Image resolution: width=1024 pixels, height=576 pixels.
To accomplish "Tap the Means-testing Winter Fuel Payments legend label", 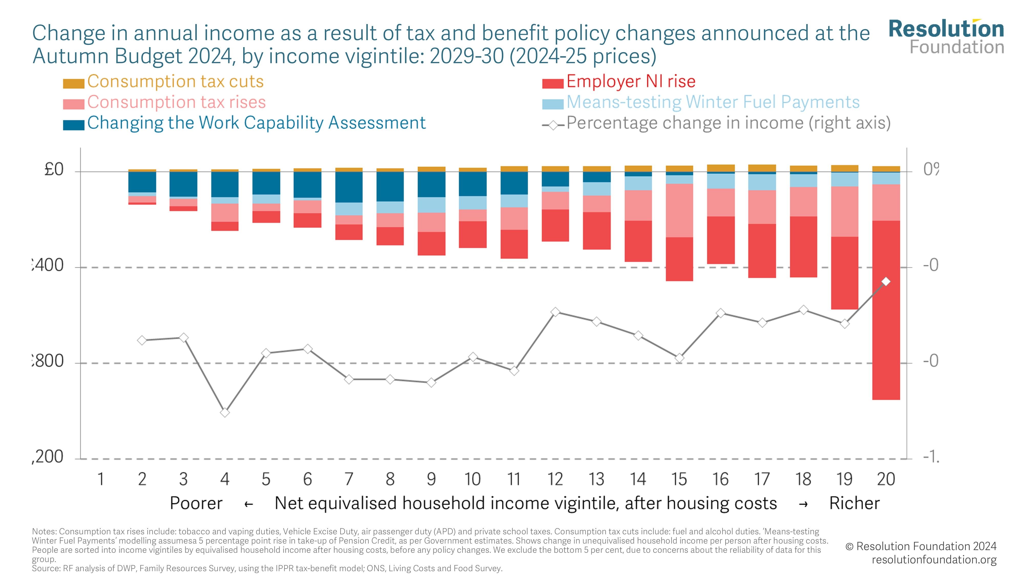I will pyautogui.click(x=713, y=102).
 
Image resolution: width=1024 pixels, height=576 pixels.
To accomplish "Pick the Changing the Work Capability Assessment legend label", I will pyautogui.click(x=257, y=123).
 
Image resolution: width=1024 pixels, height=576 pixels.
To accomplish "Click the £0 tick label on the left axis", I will pyautogui.click(x=54, y=170).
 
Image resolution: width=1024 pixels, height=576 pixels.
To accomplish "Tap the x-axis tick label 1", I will pyautogui.click(x=101, y=479).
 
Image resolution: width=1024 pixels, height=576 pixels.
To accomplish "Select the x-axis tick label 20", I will pyautogui.click(x=886, y=479).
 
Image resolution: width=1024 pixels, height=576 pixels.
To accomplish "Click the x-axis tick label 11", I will pyautogui.click(x=514, y=479).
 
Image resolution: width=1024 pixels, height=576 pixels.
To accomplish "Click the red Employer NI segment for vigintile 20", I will pyautogui.click(x=886, y=310).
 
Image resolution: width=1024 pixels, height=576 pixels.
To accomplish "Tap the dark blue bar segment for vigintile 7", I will pyautogui.click(x=349, y=187).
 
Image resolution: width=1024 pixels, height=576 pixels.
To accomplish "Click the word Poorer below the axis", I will pyautogui.click(x=196, y=503).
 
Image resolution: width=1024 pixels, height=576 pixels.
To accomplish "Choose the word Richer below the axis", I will pyautogui.click(x=854, y=503).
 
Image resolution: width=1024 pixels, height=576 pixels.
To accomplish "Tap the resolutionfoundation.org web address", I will pyautogui.click(x=934, y=560).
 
